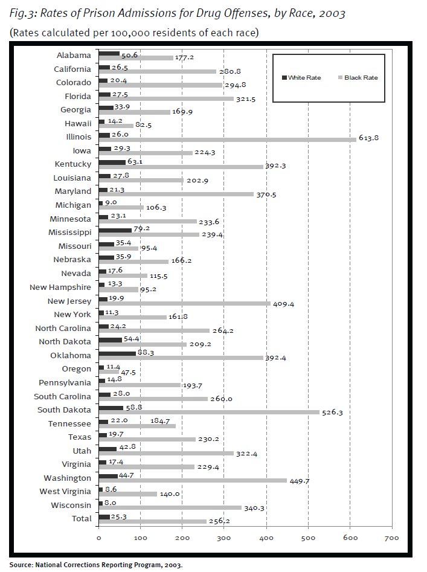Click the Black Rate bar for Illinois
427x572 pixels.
click(227, 140)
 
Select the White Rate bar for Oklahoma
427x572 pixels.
click(117, 353)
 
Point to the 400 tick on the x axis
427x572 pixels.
click(266, 538)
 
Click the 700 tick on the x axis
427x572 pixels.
click(391, 538)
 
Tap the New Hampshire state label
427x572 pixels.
click(60, 287)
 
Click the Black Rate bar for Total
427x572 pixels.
click(152, 522)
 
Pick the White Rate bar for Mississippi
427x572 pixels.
click(115, 230)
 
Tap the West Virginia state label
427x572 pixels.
click(66, 492)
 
